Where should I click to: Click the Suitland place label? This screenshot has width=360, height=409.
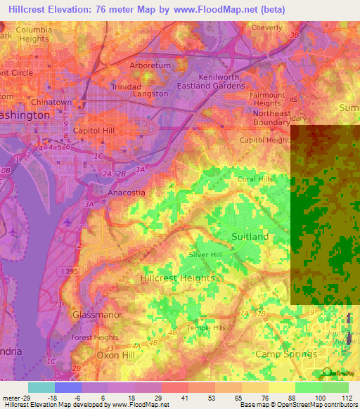[x=250, y=237]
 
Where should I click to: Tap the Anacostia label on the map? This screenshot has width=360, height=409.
[x=127, y=192]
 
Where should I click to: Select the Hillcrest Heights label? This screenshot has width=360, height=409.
[x=177, y=278]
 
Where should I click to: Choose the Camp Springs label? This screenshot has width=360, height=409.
[x=285, y=354]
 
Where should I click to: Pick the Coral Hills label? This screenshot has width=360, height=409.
[x=255, y=179]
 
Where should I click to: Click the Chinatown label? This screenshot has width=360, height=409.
[x=51, y=103]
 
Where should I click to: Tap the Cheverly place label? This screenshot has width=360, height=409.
[x=266, y=28]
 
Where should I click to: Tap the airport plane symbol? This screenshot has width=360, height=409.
[x=67, y=222]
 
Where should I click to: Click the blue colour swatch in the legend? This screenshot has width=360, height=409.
[x=68, y=387]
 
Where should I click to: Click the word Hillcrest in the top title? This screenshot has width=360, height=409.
[x=25, y=8]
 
